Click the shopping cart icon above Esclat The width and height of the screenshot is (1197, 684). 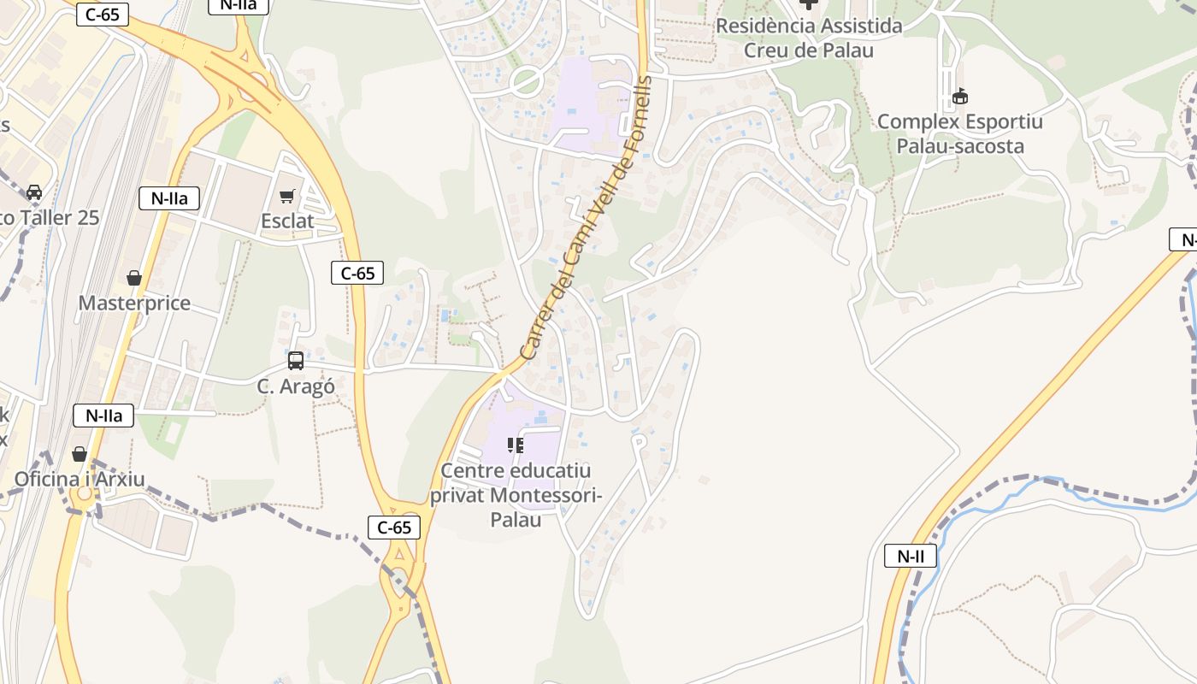pos(287,196)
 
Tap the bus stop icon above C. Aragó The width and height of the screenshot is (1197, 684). pos(295,361)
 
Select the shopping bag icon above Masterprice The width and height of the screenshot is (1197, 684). pos(134,278)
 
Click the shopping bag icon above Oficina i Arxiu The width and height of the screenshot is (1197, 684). pos(80,453)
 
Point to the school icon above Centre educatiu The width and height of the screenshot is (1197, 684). pos(516,445)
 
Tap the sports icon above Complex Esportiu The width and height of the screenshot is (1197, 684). pos(960,96)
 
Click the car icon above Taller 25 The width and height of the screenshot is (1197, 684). pos(34,192)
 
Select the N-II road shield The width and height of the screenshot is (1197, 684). pos(911,557)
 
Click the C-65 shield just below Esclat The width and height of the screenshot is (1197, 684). pos(357,274)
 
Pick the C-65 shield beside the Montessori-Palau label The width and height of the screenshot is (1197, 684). pos(394,528)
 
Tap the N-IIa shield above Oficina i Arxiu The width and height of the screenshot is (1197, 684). pos(104,416)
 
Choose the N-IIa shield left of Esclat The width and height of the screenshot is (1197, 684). pos(169,199)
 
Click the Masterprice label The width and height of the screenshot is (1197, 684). pos(134,304)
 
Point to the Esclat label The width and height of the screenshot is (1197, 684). pos(287,221)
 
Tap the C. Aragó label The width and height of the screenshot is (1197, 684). pos(296,386)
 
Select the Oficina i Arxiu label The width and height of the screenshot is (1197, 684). pos(80,479)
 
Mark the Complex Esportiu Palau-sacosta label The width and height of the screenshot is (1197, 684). pos(960,133)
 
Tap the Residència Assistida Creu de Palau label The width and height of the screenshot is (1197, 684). pos(809,38)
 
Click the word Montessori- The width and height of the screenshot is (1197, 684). pos(547,495)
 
